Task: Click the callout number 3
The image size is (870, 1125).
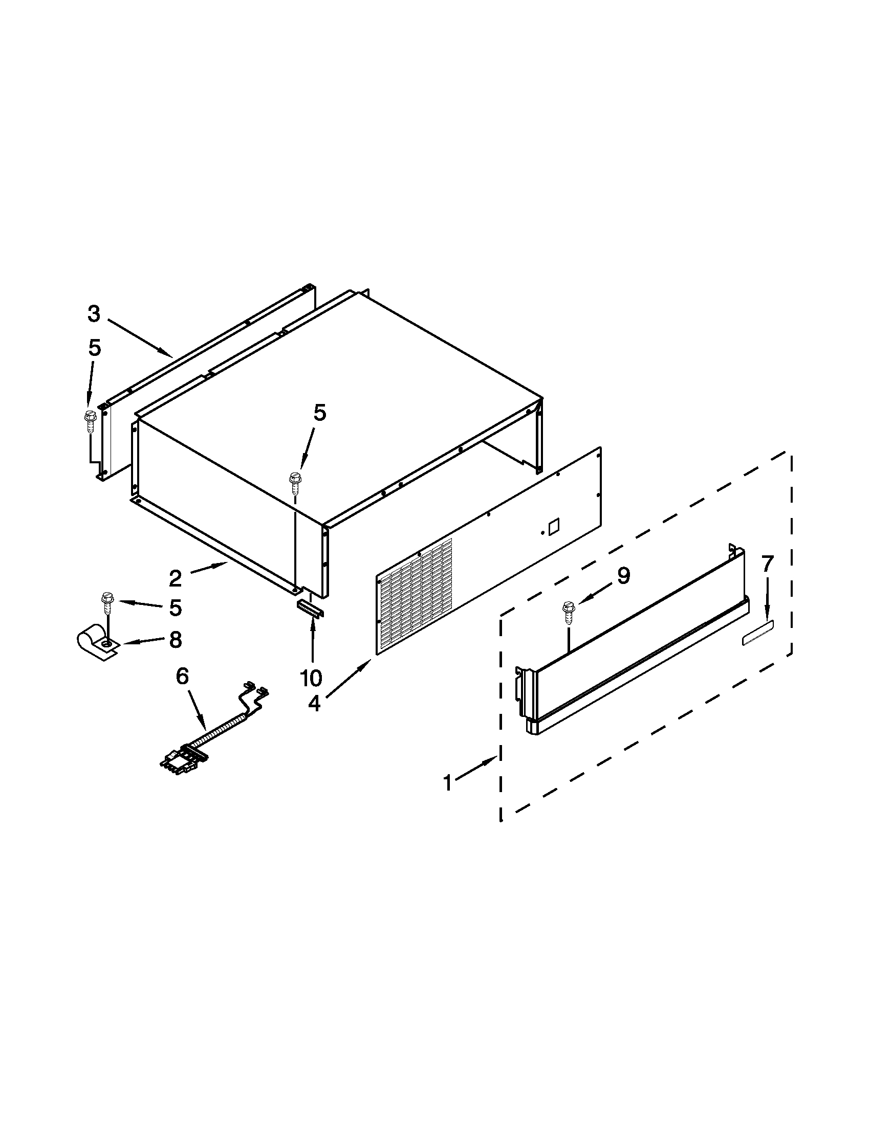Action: pyautogui.click(x=93, y=313)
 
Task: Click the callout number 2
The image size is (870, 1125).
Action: pyautogui.click(x=175, y=578)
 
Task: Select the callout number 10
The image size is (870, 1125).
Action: pyautogui.click(x=312, y=678)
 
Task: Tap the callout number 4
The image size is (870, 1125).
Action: pyautogui.click(x=314, y=703)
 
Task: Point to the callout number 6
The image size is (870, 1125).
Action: pyautogui.click(x=183, y=677)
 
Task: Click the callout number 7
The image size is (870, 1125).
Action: pyautogui.click(x=768, y=564)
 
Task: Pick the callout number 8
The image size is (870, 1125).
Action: pyautogui.click(x=176, y=640)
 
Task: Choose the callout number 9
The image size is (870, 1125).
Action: pyautogui.click(x=624, y=575)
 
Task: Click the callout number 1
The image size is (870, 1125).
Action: pyautogui.click(x=448, y=783)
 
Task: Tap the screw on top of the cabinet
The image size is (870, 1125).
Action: pyautogui.click(x=295, y=482)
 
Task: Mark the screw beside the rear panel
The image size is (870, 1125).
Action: pyautogui.click(x=88, y=419)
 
